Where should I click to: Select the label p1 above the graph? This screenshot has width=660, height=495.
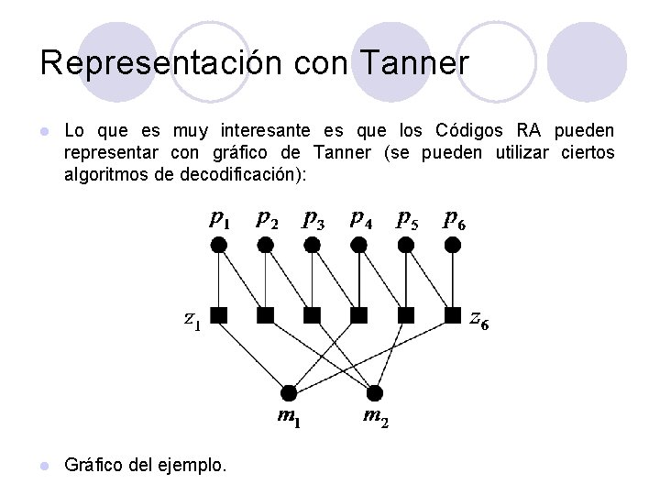point(219,219)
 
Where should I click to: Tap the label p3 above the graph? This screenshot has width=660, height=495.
point(313,219)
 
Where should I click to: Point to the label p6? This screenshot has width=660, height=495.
point(453,219)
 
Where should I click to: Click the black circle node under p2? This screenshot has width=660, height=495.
point(265,245)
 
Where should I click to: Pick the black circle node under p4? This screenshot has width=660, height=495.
point(359,245)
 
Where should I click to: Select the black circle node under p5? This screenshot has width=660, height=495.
point(406,245)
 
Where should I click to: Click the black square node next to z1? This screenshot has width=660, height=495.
point(219,315)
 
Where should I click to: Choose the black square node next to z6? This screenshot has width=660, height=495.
point(453,315)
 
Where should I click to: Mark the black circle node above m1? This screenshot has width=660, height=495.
point(289,393)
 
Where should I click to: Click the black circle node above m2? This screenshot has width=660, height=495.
point(373,393)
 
